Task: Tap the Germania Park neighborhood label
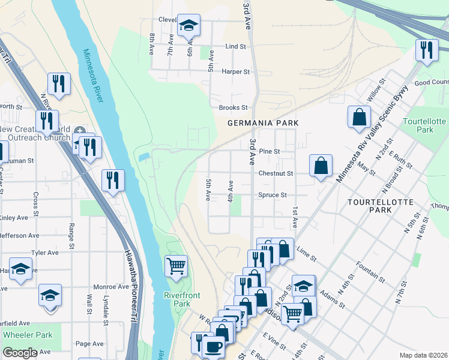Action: (263, 123)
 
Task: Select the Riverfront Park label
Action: (176, 299)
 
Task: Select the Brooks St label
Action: (234, 107)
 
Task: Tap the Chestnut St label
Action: (275, 173)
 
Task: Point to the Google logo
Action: (20, 353)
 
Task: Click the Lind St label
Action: (235, 46)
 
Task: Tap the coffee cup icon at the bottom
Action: (212, 346)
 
